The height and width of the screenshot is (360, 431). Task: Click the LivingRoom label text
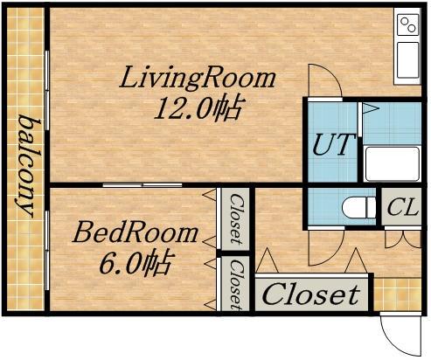pyautogui.click(x=198, y=78)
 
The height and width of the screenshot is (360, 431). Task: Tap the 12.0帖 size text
pyautogui.click(x=198, y=108)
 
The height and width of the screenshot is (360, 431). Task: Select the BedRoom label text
pyautogui.click(x=136, y=232)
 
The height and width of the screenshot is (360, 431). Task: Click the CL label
pyautogui.click(x=402, y=207)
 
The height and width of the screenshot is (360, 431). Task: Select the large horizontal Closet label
pyautogui.click(x=311, y=294)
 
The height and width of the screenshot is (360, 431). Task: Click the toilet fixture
pyautogui.click(x=359, y=207)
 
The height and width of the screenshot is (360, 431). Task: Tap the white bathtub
pyautogui.click(x=393, y=164)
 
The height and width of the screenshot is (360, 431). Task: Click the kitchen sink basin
pyautogui.click(x=407, y=60)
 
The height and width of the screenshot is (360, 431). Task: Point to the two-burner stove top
pyautogui.click(x=407, y=25)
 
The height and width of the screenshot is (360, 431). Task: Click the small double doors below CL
pyautogui.click(x=403, y=239)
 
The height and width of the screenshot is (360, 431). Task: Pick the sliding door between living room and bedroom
pyautogui.click(x=143, y=185)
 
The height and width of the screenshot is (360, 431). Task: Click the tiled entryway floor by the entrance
pyautogui.click(x=398, y=294)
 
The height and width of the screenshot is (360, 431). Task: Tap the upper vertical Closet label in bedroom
pyautogui.click(x=235, y=218)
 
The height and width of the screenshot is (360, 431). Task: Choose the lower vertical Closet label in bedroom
pyautogui.click(x=235, y=284)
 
